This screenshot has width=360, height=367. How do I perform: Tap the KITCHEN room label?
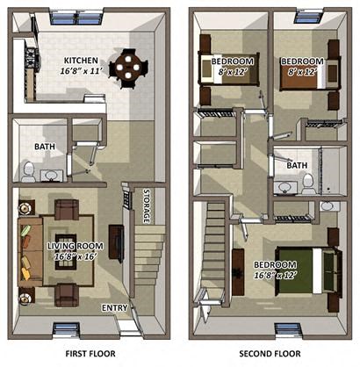[81, 61]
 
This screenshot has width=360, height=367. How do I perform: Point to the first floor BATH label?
[44, 147]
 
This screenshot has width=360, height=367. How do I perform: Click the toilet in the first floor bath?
[27, 169]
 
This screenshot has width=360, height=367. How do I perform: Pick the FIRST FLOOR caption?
[90, 354]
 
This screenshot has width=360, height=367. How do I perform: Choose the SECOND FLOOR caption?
[275, 354]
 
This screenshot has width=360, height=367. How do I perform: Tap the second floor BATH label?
[297, 165]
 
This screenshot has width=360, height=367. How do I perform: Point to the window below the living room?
[64, 331]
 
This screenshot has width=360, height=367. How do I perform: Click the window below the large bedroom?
[286, 331]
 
